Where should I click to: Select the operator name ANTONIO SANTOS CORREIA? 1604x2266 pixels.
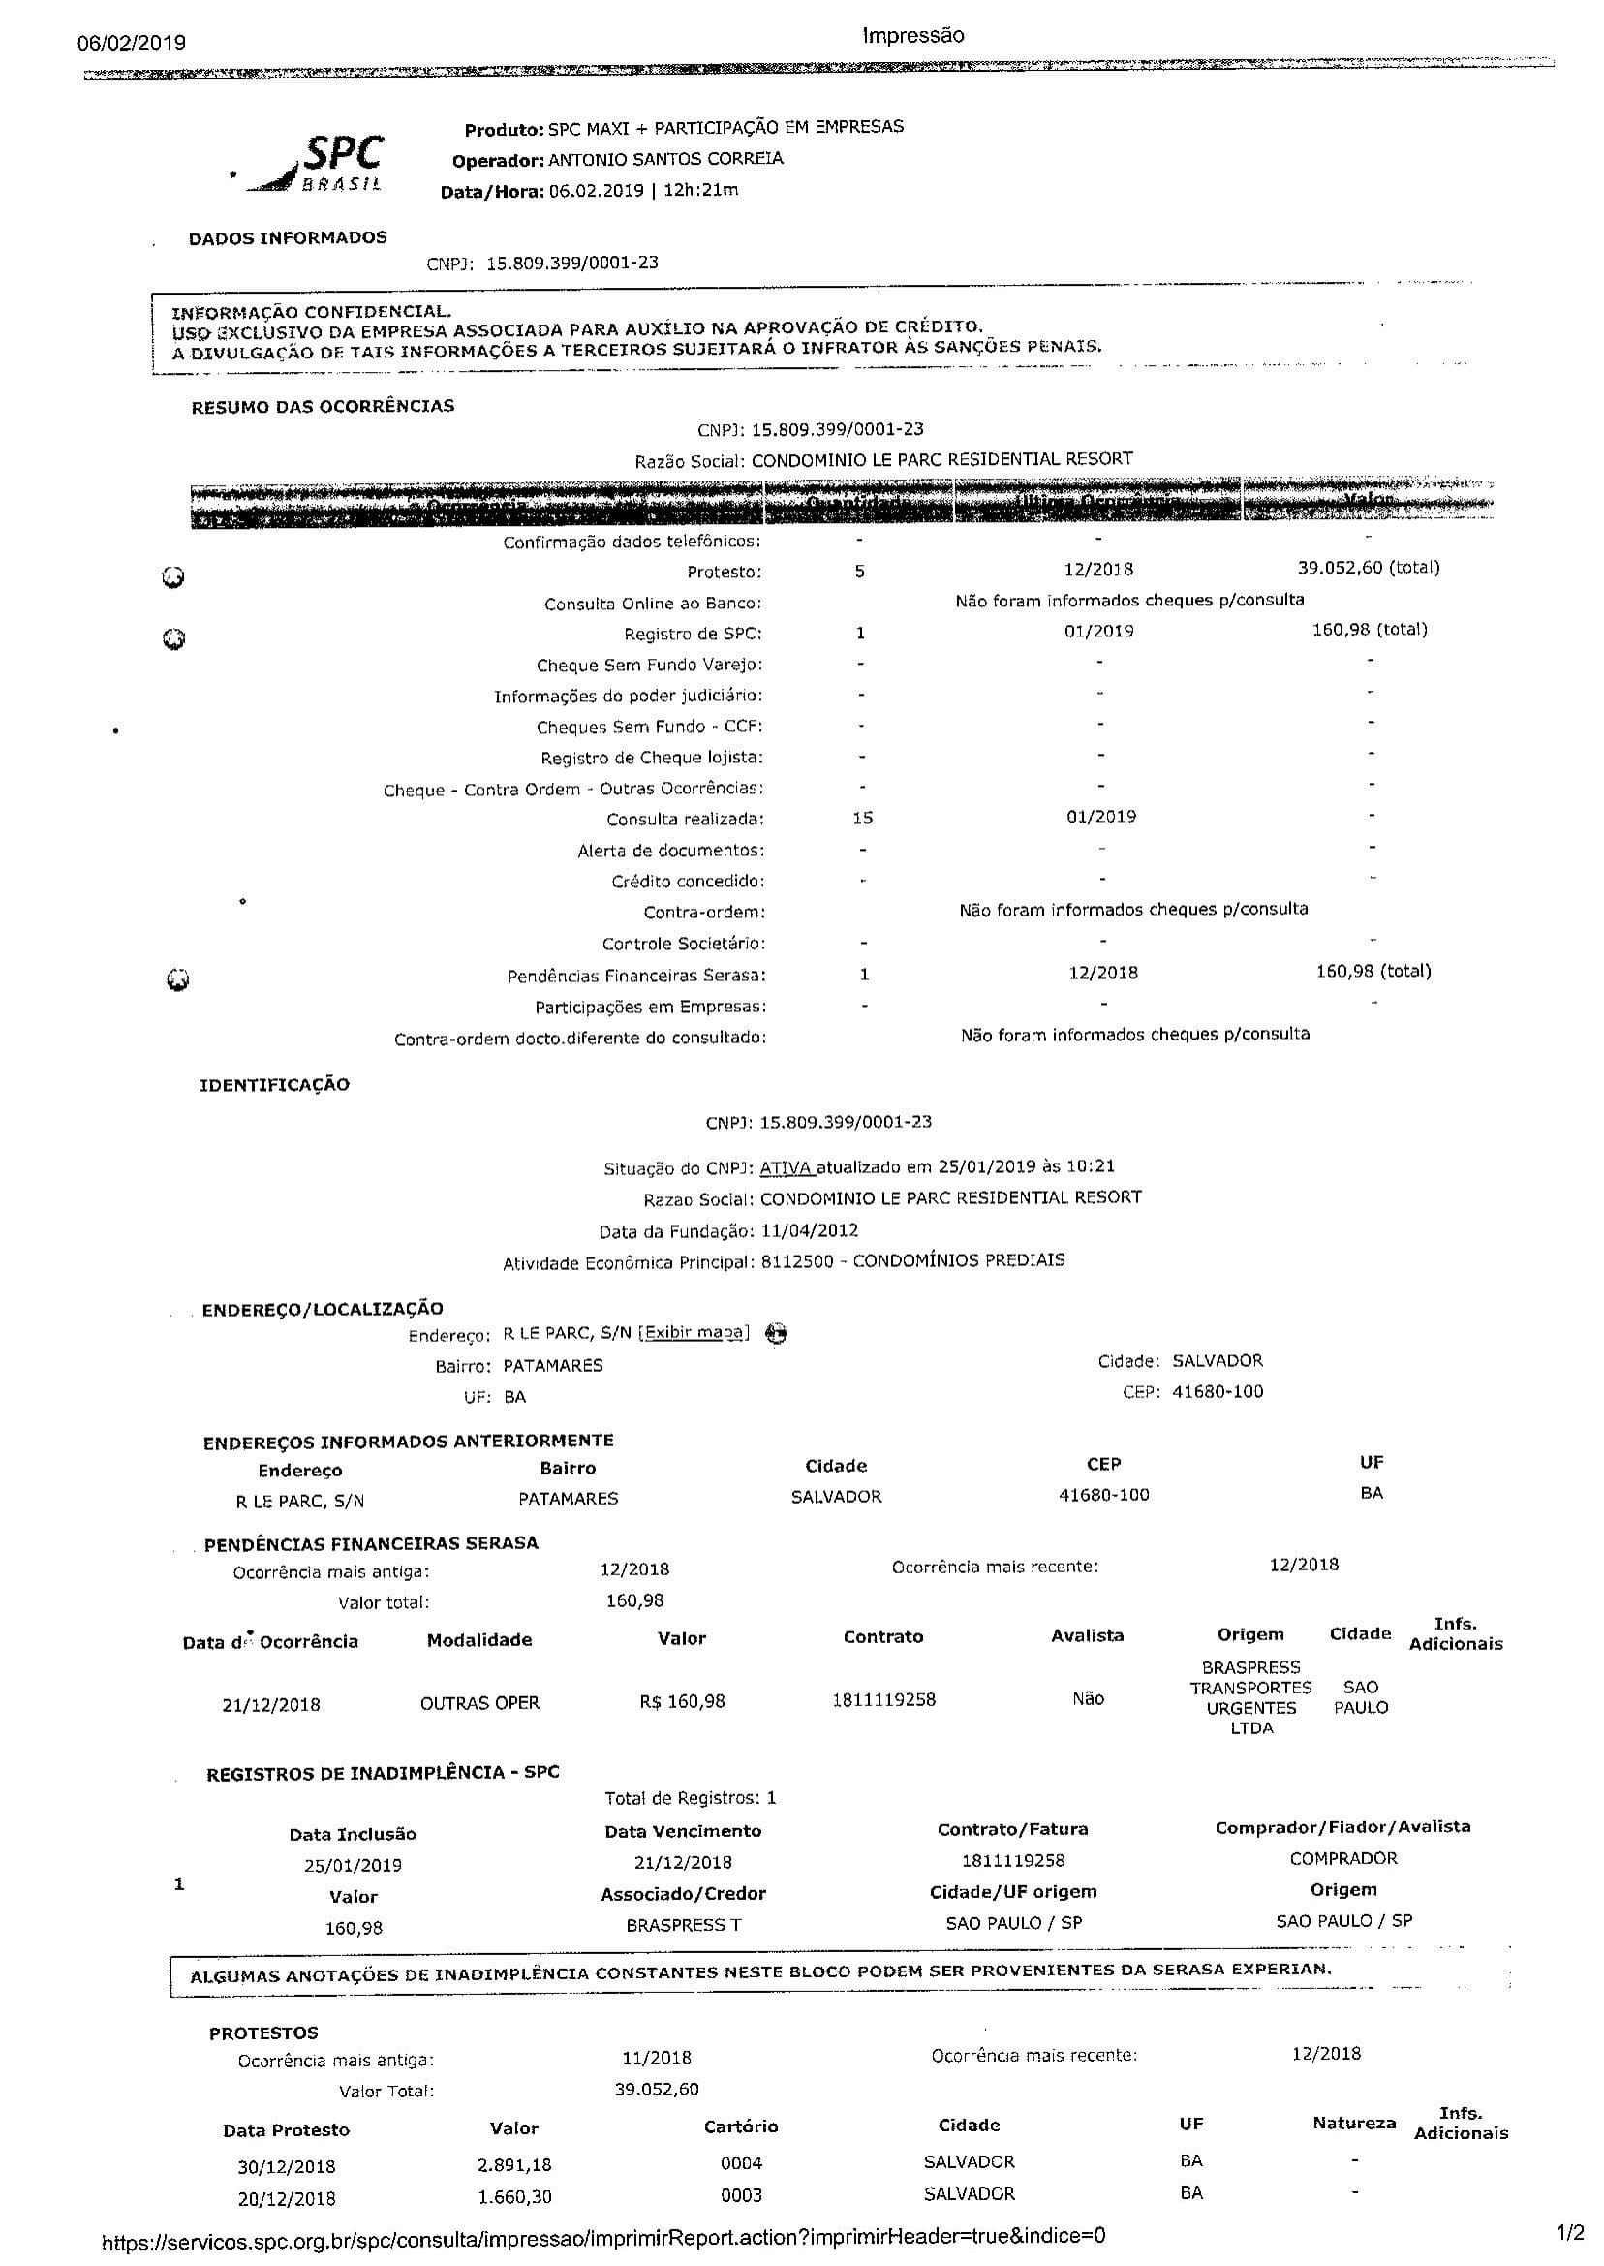click(x=664, y=159)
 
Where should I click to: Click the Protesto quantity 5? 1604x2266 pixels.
click(x=859, y=571)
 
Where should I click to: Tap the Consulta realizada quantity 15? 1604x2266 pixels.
click(x=861, y=818)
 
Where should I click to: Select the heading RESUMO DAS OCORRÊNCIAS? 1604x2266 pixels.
click(x=323, y=406)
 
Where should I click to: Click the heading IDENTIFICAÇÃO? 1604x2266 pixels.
click(x=274, y=1085)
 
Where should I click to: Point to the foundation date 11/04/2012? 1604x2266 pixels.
click(x=809, y=1230)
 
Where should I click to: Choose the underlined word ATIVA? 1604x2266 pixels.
click(x=787, y=1167)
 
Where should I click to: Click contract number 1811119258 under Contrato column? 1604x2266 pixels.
click(x=883, y=1700)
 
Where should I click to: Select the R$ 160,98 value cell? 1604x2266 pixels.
click(x=682, y=1701)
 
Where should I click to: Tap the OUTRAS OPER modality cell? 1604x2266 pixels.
click(x=480, y=1703)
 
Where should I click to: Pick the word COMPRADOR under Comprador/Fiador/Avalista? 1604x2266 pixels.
click(x=1343, y=1858)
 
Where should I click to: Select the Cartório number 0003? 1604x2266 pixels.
click(x=741, y=2195)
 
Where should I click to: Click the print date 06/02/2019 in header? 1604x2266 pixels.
click(x=132, y=43)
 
